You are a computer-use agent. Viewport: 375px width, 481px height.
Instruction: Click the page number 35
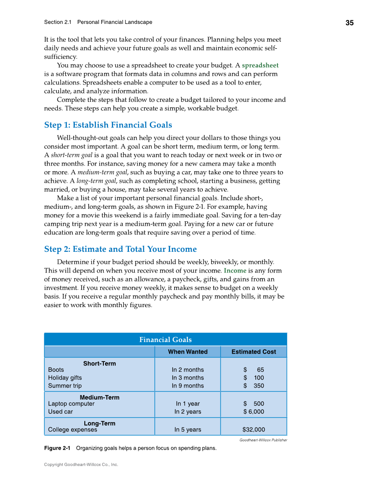[349, 23]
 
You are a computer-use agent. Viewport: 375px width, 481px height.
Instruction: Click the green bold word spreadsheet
[260, 65]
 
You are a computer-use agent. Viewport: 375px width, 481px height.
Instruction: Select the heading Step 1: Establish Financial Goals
[108, 125]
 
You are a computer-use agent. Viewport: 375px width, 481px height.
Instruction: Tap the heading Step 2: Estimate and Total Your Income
[120, 249]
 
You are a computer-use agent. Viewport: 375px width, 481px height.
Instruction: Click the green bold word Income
[235, 270]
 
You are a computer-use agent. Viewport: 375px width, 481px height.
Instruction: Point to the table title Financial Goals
[165, 340]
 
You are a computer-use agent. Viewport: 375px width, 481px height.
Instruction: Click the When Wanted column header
[187, 352]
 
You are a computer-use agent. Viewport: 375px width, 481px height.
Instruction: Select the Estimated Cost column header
[254, 352]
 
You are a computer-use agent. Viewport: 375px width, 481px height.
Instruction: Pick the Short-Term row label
[99, 364]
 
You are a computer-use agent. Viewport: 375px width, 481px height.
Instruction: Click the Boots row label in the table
[56, 370]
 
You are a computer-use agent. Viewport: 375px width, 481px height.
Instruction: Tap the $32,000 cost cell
[254, 430]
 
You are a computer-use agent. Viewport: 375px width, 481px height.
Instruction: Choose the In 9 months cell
[188, 386]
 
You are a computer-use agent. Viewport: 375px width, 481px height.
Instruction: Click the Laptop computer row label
[71, 404]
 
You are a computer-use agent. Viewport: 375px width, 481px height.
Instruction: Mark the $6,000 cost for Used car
[254, 412]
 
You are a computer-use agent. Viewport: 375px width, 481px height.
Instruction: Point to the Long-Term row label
[99, 423]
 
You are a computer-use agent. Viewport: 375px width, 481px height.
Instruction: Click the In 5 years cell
[188, 430]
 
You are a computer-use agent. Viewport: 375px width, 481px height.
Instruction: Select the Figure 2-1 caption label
[57, 448]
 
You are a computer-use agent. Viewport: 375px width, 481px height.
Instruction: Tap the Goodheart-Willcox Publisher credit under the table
[263, 440]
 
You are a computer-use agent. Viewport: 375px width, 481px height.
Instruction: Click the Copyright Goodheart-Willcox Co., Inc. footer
[81, 465]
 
